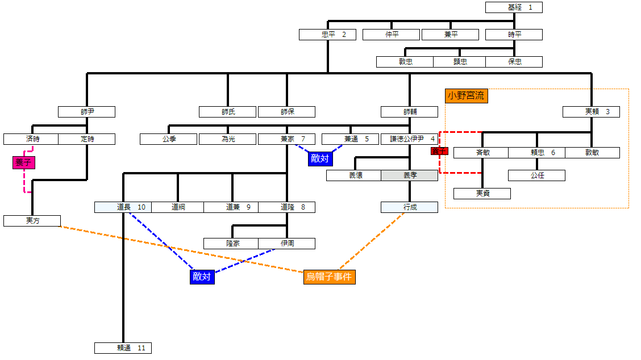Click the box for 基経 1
[x=514, y=7]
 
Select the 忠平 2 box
[x=327, y=35]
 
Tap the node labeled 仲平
[x=391, y=35]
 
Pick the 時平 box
[x=514, y=35]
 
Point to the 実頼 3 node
[x=591, y=112]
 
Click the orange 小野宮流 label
[x=466, y=96]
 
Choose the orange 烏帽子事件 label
[x=330, y=277]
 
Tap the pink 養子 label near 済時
[x=24, y=163]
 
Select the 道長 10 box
[x=123, y=207]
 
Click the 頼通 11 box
[x=123, y=348]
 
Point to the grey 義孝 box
[x=409, y=175]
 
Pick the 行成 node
[x=409, y=207]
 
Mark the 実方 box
[x=32, y=221]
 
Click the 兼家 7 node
[x=286, y=139]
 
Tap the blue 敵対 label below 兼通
[x=319, y=159]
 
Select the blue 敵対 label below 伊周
[x=202, y=277]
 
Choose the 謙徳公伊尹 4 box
[x=409, y=139]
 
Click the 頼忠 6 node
[x=536, y=153]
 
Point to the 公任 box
[x=536, y=175]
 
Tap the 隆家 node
[x=232, y=244]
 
